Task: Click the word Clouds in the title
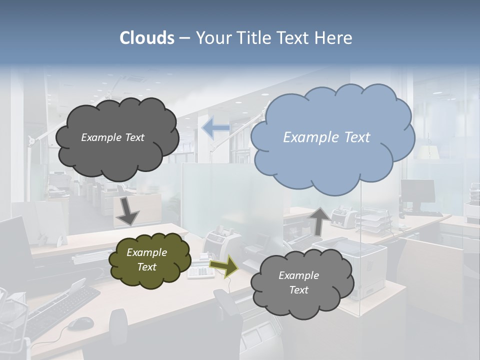[147, 38]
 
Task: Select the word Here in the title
[334, 38]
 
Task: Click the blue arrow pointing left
[215, 128]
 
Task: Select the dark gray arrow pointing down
[127, 210]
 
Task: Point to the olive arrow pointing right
[223, 266]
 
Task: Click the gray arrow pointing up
[319, 220]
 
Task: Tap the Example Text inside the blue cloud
[326, 137]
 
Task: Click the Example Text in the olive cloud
[146, 260]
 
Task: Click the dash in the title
[184, 38]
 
